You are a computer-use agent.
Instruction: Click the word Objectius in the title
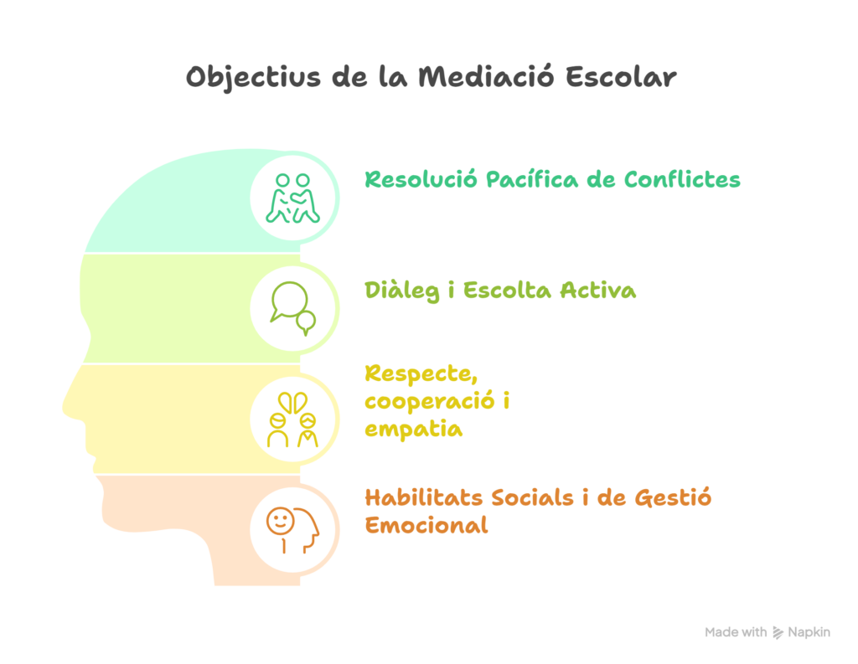(x=253, y=78)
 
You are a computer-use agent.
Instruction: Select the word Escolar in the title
(x=621, y=76)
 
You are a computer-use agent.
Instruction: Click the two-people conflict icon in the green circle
(x=292, y=198)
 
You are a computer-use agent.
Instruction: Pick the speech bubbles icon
(x=293, y=308)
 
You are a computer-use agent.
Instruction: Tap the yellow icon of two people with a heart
(x=292, y=420)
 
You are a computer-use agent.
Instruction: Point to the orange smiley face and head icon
(x=292, y=530)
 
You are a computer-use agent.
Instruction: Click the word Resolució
(x=421, y=179)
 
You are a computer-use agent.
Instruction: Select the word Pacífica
(x=532, y=179)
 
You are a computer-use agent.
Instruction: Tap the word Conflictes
(x=682, y=179)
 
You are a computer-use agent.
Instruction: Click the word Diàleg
(x=401, y=291)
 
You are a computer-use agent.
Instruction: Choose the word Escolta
(x=507, y=290)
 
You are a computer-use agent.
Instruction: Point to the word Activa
(x=598, y=290)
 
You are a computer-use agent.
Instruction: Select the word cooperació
(x=430, y=401)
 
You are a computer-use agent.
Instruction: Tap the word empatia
(x=414, y=430)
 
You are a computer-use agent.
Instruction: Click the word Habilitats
(x=423, y=497)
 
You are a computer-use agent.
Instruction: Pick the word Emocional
(x=426, y=525)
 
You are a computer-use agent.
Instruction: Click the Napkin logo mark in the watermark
(x=778, y=633)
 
